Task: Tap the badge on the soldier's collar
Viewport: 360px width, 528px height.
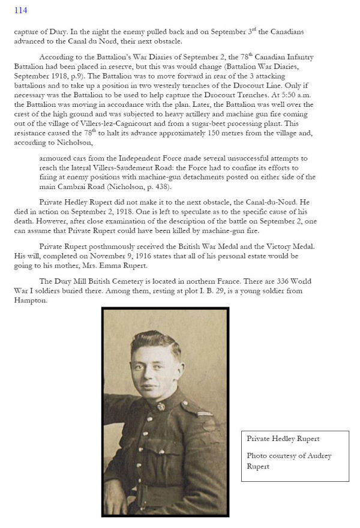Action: (161, 407)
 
